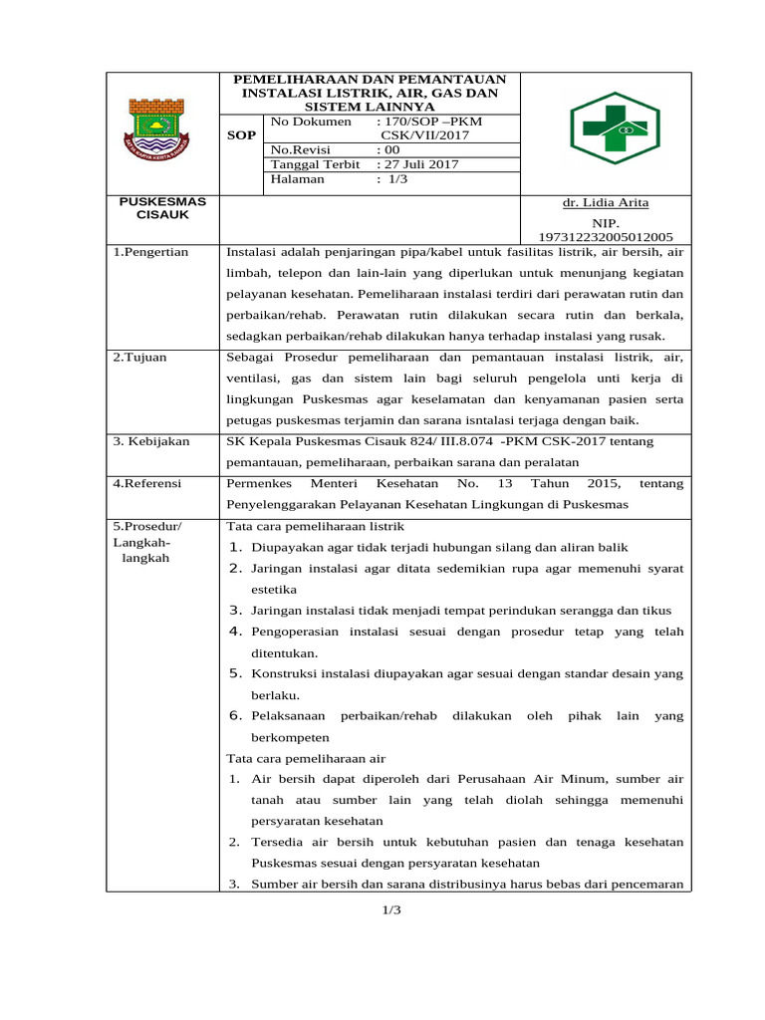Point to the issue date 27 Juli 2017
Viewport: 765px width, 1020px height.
(x=417, y=164)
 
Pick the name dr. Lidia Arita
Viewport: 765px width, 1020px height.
(x=605, y=202)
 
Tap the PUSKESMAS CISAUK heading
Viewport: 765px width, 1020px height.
(x=162, y=207)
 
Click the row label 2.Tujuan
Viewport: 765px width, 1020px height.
(x=139, y=357)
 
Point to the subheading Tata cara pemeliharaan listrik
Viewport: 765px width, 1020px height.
(x=316, y=526)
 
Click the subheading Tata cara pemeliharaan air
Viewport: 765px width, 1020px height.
(x=306, y=758)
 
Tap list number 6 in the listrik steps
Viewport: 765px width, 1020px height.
(x=236, y=715)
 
